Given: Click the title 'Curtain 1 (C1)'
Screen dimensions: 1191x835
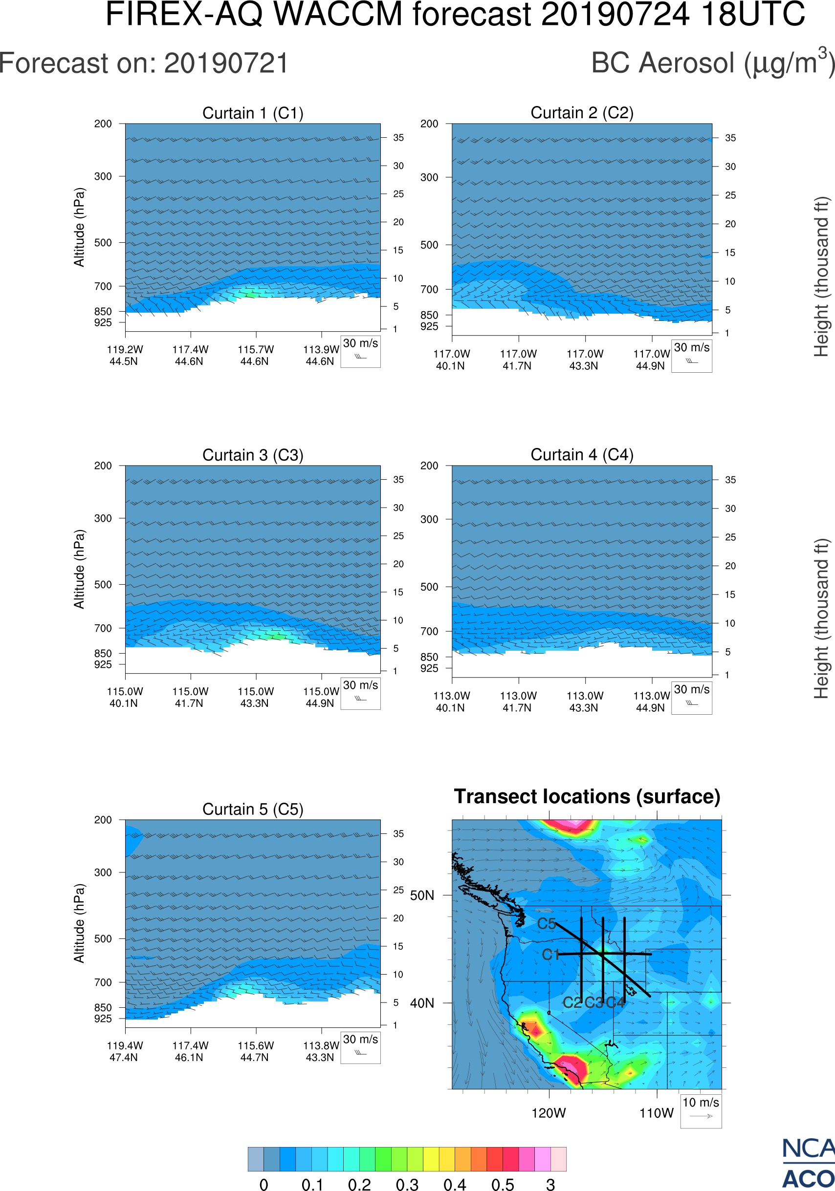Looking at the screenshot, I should coord(253,113).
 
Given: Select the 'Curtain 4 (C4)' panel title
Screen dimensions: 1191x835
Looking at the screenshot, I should coord(582,455).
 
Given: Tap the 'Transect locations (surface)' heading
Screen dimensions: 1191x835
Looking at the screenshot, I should coord(587,796).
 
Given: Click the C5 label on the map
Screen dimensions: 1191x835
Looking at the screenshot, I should coord(547,923).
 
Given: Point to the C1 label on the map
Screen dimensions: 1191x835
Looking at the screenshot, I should coord(550,955).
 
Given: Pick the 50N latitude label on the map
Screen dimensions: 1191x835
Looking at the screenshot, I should coord(422,895).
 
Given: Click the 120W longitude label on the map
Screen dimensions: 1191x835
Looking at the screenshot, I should coord(549,1113).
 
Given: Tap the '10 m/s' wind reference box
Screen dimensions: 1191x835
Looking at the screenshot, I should coord(701,1110).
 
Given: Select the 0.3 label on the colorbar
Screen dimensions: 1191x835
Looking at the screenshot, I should coord(407,1184).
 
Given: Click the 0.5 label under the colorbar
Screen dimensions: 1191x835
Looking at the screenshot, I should coord(503,1184).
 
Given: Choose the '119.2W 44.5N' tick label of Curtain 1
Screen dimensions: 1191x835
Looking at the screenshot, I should coord(125,355).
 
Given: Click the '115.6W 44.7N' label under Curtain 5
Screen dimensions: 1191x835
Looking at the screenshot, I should coord(255,1051).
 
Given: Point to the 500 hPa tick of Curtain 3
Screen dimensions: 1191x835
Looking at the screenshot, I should coord(103,585).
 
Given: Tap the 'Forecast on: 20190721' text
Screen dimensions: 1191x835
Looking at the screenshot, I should coord(144,64).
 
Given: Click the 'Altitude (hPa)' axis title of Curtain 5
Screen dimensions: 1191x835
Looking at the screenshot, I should coord(79,923).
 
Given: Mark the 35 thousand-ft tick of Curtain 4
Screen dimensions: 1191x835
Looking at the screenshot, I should coord(730,480).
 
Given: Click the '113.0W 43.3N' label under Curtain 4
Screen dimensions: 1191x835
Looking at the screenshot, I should coord(585,702).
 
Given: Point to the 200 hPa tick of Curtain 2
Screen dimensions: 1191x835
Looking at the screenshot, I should coord(429,124).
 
